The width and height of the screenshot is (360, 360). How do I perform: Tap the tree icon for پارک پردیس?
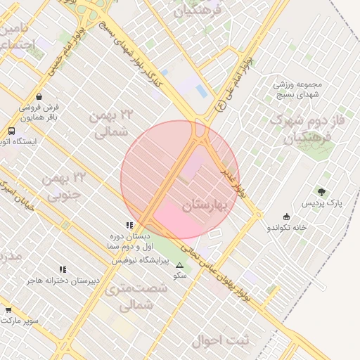(x=322, y=191)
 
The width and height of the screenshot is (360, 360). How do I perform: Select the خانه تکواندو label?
(x=287, y=228)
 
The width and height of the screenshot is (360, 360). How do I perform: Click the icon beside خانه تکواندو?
(x=286, y=217)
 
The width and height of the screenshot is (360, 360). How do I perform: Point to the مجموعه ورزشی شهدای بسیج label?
(x=297, y=89)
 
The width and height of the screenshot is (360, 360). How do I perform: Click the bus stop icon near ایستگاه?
(x=11, y=131)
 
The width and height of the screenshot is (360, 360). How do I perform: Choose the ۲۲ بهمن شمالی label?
(x=112, y=122)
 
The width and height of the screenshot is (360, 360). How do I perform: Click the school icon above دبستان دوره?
(x=129, y=225)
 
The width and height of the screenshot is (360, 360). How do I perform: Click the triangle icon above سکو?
(x=179, y=265)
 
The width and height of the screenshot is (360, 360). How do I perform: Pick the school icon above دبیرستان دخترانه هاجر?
(x=63, y=269)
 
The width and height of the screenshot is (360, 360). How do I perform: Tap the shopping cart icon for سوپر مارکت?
(x=8, y=309)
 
